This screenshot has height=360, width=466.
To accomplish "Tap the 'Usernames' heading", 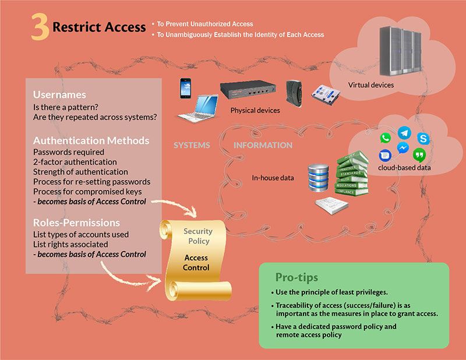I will pos(59,94).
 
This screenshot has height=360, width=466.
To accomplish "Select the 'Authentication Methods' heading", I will pos(91,140).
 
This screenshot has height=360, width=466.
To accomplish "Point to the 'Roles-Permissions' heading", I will pos(76,223).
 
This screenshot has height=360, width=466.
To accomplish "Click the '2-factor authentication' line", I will pos(75,161).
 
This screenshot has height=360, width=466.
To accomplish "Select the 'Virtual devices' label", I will pos(371,85).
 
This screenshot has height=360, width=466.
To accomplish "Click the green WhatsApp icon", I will pos(385,139).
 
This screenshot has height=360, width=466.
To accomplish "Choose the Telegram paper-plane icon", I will pos(404,133).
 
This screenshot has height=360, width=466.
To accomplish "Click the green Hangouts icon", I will pos(419,155).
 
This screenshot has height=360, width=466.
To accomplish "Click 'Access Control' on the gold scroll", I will pos(196,263).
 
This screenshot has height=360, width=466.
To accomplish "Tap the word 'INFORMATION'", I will pos(263,145).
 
